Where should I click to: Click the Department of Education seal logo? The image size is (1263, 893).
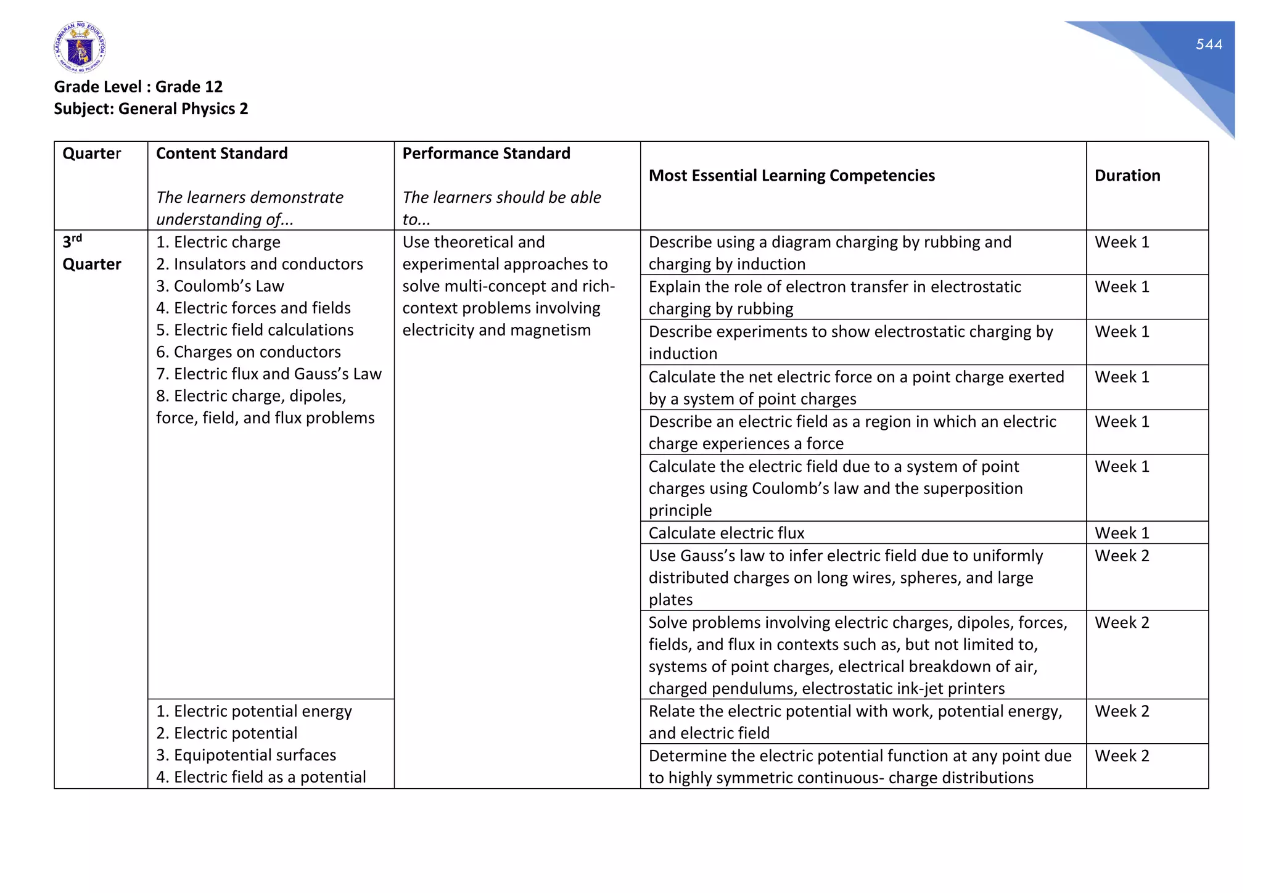pos(80,47)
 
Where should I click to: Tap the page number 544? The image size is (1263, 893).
pos(1208,44)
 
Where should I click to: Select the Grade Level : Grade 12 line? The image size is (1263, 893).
pos(138,86)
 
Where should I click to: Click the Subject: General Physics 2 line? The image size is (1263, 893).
pos(150,109)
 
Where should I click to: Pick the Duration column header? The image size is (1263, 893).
pos(1127,176)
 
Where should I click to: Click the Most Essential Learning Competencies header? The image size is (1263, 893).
pos(791,176)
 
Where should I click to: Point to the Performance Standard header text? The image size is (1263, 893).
pos(486,154)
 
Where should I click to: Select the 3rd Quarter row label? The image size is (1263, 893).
pos(91,253)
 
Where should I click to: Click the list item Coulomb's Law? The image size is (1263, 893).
pos(220,286)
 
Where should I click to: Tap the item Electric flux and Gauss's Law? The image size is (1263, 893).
pos(269,374)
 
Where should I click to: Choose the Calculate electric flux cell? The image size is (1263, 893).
pos(726,533)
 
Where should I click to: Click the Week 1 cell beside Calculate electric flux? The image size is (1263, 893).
pos(1122,533)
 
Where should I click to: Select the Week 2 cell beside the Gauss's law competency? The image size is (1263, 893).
pos(1122,556)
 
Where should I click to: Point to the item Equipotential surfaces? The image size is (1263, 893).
pos(246,755)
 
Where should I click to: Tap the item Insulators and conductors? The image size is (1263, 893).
pos(260,264)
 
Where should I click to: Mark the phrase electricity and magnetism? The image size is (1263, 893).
pos(496,330)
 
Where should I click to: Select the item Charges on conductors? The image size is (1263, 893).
pos(249,352)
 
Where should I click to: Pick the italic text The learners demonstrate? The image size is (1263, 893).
pos(250,197)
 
